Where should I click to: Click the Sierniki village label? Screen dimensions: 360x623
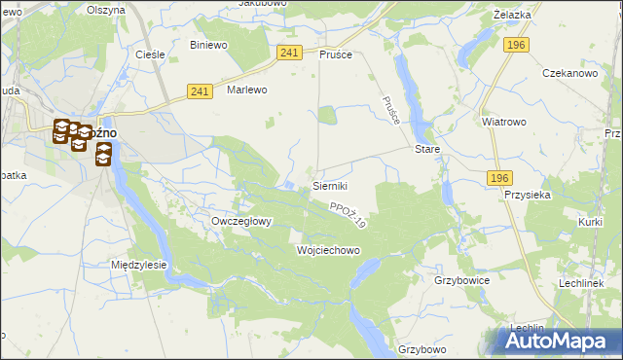click(329, 185)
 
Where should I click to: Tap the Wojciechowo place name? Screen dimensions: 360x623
click(328, 250)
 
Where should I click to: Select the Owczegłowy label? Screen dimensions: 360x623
click(241, 221)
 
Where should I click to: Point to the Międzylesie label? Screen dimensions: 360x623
click(139, 265)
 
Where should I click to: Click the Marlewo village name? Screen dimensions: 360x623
click(246, 90)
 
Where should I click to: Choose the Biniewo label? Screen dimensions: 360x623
click(208, 45)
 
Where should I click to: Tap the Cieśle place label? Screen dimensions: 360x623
click(149, 54)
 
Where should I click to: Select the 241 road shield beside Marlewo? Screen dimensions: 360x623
click(200, 91)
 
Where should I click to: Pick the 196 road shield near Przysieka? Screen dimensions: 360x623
click(499, 177)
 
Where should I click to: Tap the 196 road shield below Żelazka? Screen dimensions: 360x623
click(516, 45)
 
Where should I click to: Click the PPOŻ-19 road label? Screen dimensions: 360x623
click(347, 215)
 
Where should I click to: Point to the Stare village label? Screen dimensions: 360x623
click(427, 150)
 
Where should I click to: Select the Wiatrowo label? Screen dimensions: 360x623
click(503, 123)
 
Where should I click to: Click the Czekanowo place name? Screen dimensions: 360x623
click(568, 74)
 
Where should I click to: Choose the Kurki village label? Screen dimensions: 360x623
click(590, 223)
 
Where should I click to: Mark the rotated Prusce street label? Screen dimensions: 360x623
click(391, 110)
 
